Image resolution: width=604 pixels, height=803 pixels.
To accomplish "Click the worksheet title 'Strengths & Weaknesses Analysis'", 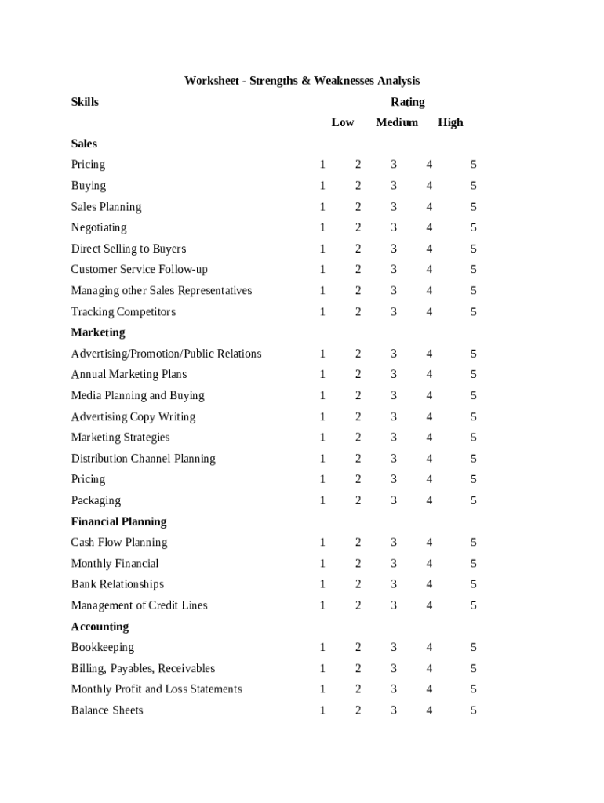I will (302, 81).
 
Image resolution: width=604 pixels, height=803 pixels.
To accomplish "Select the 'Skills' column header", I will (85, 102).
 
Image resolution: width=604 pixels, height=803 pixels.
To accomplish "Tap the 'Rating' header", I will (408, 102).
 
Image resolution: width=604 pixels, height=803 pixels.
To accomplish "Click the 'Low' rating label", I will (343, 122).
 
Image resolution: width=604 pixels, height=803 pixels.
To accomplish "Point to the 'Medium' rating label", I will (397, 122).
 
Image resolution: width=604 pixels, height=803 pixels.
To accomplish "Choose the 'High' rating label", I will (451, 122).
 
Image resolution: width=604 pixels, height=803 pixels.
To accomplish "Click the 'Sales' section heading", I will (84, 144).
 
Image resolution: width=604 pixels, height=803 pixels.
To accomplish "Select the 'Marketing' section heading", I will (98, 332).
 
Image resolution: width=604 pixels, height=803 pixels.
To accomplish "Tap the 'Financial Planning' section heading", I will (118, 521).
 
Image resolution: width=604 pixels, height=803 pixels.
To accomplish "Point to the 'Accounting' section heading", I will (100, 627).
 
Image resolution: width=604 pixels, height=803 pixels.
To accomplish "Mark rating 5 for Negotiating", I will (474, 228).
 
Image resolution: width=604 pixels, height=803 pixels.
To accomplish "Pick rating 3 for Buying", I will (394, 186).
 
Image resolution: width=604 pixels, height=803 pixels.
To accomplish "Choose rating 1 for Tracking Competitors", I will (322, 312).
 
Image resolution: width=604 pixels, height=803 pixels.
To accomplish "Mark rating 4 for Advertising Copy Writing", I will (429, 417).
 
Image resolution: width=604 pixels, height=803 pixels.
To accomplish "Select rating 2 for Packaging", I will (358, 501).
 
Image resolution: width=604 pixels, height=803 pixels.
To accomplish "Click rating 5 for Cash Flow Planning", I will (474, 543).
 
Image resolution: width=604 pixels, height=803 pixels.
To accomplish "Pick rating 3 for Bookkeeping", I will (394, 648).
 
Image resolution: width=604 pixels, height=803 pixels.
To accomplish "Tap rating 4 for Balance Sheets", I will (429, 710).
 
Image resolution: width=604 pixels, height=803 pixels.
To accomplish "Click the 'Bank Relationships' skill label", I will (118, 584).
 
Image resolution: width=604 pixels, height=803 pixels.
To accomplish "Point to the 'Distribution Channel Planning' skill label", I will (143, 459).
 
